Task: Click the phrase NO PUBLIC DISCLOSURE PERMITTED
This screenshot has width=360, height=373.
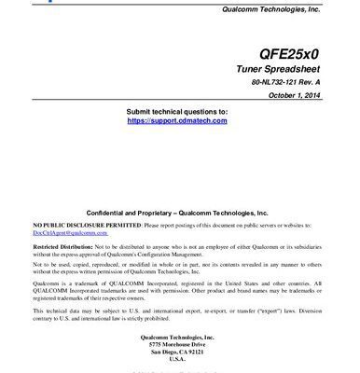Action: point(87,226)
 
